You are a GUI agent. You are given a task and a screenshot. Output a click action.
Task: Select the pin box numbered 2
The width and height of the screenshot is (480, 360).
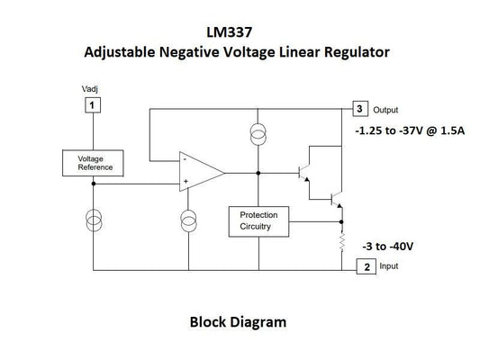click(x=367, y=267)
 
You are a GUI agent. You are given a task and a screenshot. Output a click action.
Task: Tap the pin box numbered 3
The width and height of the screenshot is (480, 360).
click(x=360, y=110)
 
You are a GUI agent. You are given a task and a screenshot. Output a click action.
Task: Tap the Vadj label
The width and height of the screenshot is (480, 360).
click(x=92, y=90)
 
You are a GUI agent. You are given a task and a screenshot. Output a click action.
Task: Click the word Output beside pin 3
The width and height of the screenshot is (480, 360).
click(x=385, y=110)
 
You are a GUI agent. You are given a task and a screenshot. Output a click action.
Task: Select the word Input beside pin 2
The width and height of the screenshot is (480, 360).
click(x=389, y=267)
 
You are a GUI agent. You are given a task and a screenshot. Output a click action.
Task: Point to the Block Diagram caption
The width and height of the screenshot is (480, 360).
click(x=238, y=320)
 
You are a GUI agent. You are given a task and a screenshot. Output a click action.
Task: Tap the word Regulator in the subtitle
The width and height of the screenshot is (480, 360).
click(x=354, y=54)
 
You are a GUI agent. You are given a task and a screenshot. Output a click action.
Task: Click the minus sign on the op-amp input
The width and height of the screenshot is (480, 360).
click(x=184, y=159)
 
